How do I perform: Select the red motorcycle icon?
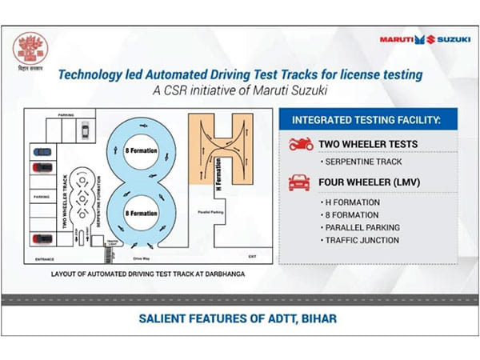(299, 145)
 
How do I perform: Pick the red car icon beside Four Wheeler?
(299, 182)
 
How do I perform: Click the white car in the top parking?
(84, 126)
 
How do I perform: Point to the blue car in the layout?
(39, 150)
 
